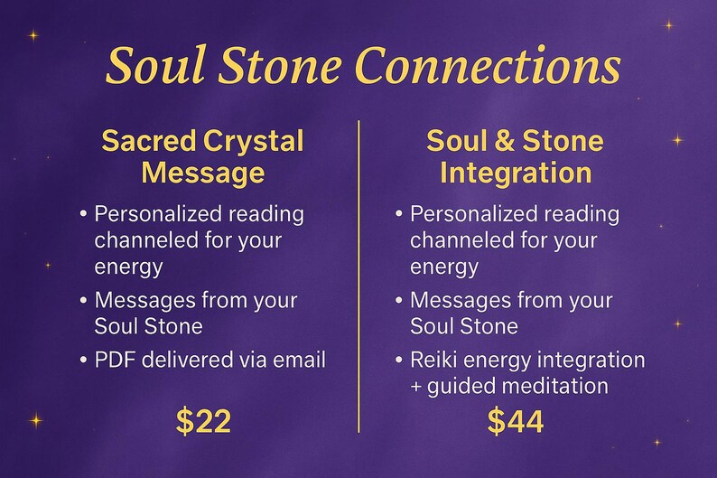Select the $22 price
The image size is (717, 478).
click(203, 420)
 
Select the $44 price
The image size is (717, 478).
click(516, 420)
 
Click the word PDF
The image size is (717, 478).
click(115, 361)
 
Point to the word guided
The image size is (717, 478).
click(461, 387)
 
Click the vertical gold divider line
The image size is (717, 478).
click(359, 271)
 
